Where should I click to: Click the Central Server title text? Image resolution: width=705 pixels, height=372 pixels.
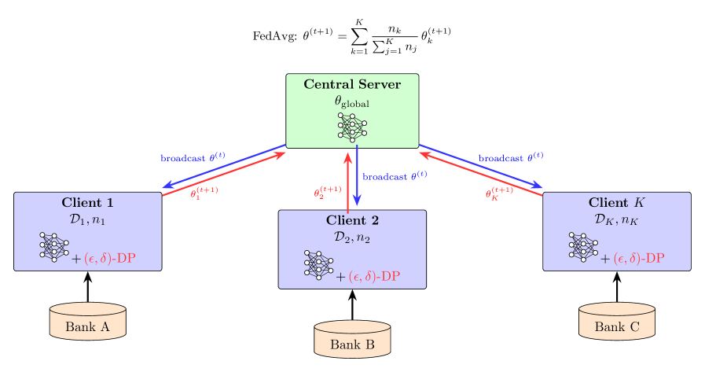pos(352,85)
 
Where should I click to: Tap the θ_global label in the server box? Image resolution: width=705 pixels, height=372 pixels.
pos(352,101)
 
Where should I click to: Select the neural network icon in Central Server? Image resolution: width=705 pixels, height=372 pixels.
pos(352,127)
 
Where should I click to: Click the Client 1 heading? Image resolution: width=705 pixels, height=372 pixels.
pos(87,203)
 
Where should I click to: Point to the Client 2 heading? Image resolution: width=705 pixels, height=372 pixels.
pos(352,220)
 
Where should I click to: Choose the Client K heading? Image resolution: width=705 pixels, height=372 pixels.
pos(617,203)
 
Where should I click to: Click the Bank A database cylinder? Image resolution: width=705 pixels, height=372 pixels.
pos(87,321)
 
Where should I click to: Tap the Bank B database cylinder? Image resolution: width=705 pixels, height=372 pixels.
pos(352,338)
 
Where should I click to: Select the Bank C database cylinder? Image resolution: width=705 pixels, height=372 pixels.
pos(617,321)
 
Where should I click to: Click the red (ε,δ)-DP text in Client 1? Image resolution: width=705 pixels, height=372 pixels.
pos(115,259)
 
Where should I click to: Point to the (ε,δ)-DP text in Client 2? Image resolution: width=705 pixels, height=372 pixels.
pos(380,276)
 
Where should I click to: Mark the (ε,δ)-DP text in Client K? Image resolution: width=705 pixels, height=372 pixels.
pos(644,259)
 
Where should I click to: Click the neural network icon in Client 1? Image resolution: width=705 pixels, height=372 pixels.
pos(54,246)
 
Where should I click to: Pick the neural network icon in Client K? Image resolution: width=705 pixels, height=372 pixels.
pos(584,246)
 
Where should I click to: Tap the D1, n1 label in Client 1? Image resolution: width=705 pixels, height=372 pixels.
pos(87,220)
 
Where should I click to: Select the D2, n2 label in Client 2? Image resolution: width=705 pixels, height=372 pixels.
pos(352,238)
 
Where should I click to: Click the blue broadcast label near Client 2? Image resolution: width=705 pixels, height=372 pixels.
pos(395,176)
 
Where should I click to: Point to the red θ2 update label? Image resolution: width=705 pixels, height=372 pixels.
pos(328,192)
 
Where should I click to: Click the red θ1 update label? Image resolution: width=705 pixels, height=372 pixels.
pos(204,192)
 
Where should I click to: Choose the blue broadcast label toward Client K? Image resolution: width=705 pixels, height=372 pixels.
pos(511,157)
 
